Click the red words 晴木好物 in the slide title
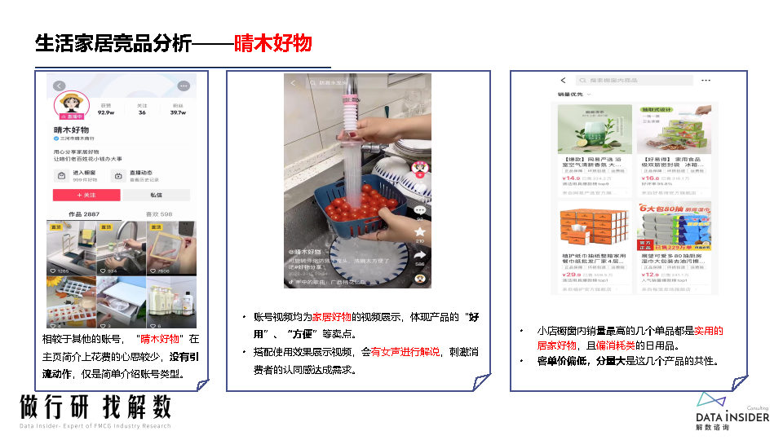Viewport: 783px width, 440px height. tap(272, 43)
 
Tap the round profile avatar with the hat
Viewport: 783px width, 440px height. tap(70, 105)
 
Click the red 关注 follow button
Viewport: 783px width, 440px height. tap(86, 196)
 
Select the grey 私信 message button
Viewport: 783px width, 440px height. tap(157, 196)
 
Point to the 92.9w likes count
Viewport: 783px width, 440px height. tap(106, 112)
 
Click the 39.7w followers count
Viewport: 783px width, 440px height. tap(178, 112)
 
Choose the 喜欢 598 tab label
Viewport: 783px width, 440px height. tap(159, 214)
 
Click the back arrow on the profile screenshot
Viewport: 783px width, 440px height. tap(59, 86)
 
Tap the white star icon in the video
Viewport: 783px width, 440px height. tap(420, 232)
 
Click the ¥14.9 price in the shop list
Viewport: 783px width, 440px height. tap(570, 178)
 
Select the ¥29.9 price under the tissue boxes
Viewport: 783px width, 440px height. tap(570, 275)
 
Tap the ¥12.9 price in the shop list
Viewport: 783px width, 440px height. tap(650, 275)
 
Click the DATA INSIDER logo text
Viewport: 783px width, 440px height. tap(732, 417)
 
